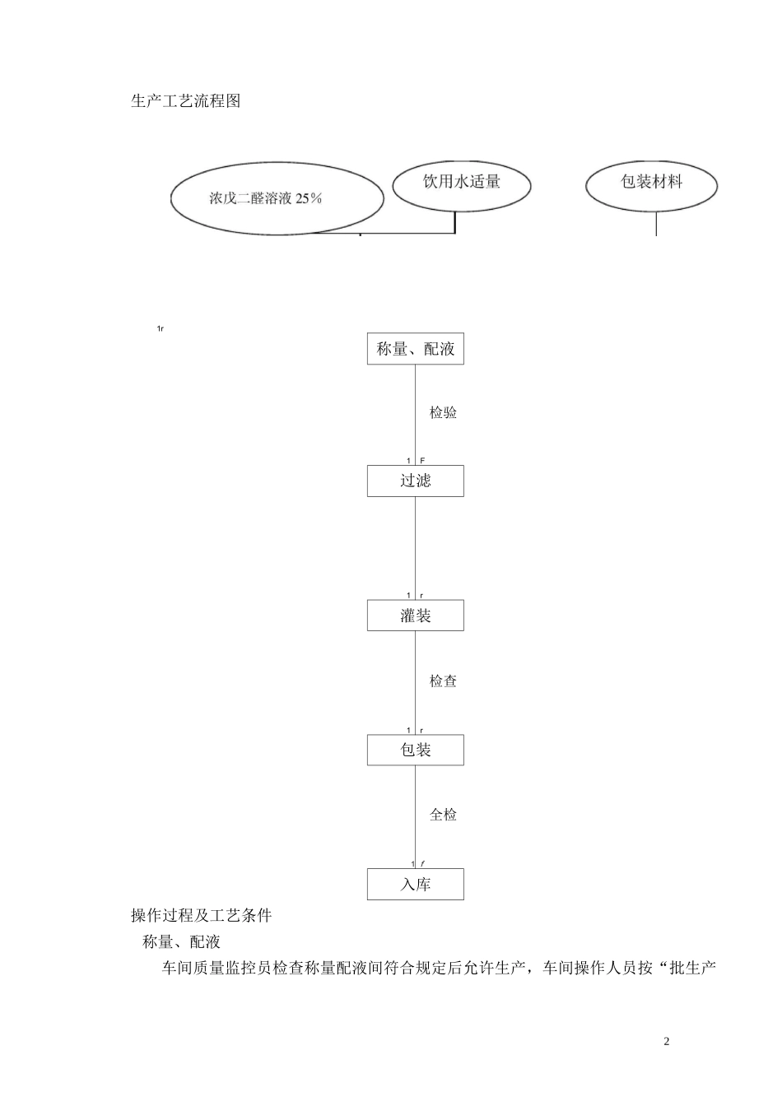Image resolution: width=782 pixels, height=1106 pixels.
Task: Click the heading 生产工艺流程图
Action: click(185, 101)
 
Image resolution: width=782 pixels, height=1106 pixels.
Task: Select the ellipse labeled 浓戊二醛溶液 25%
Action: click(277, 199)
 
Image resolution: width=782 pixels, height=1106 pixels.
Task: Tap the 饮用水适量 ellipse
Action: click(461, 182)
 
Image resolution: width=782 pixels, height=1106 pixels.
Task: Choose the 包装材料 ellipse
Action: click(651, 182)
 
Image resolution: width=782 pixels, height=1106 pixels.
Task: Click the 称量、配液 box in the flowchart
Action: click(415, 349)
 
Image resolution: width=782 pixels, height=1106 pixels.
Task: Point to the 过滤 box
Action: click(415, 481)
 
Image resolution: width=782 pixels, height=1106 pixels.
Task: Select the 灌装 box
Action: click(415, 616)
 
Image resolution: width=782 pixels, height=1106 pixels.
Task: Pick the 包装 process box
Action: click(415, 750)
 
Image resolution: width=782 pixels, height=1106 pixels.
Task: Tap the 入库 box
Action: click(415, 885)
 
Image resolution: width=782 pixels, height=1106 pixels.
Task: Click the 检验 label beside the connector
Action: click(443, 413)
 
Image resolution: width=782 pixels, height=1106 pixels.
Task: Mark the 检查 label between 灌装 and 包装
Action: click(443, 681)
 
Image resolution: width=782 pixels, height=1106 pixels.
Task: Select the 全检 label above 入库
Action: click(443, 815)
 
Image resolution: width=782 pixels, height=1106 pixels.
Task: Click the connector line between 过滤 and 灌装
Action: click(415, 547)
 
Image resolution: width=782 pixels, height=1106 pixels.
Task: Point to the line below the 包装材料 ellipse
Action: click(656, 224)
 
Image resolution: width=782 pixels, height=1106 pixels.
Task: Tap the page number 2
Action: click(667, 1042)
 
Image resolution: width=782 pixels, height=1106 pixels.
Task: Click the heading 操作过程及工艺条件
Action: click(201, 916)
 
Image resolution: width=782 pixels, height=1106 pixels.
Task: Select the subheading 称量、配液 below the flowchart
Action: click(181, 942)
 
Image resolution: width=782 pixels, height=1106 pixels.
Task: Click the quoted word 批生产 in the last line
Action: click(693, 969)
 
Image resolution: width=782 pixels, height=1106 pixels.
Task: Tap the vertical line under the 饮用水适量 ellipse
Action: click(455, 222)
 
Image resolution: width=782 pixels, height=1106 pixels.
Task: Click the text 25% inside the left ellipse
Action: click(309, 198)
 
